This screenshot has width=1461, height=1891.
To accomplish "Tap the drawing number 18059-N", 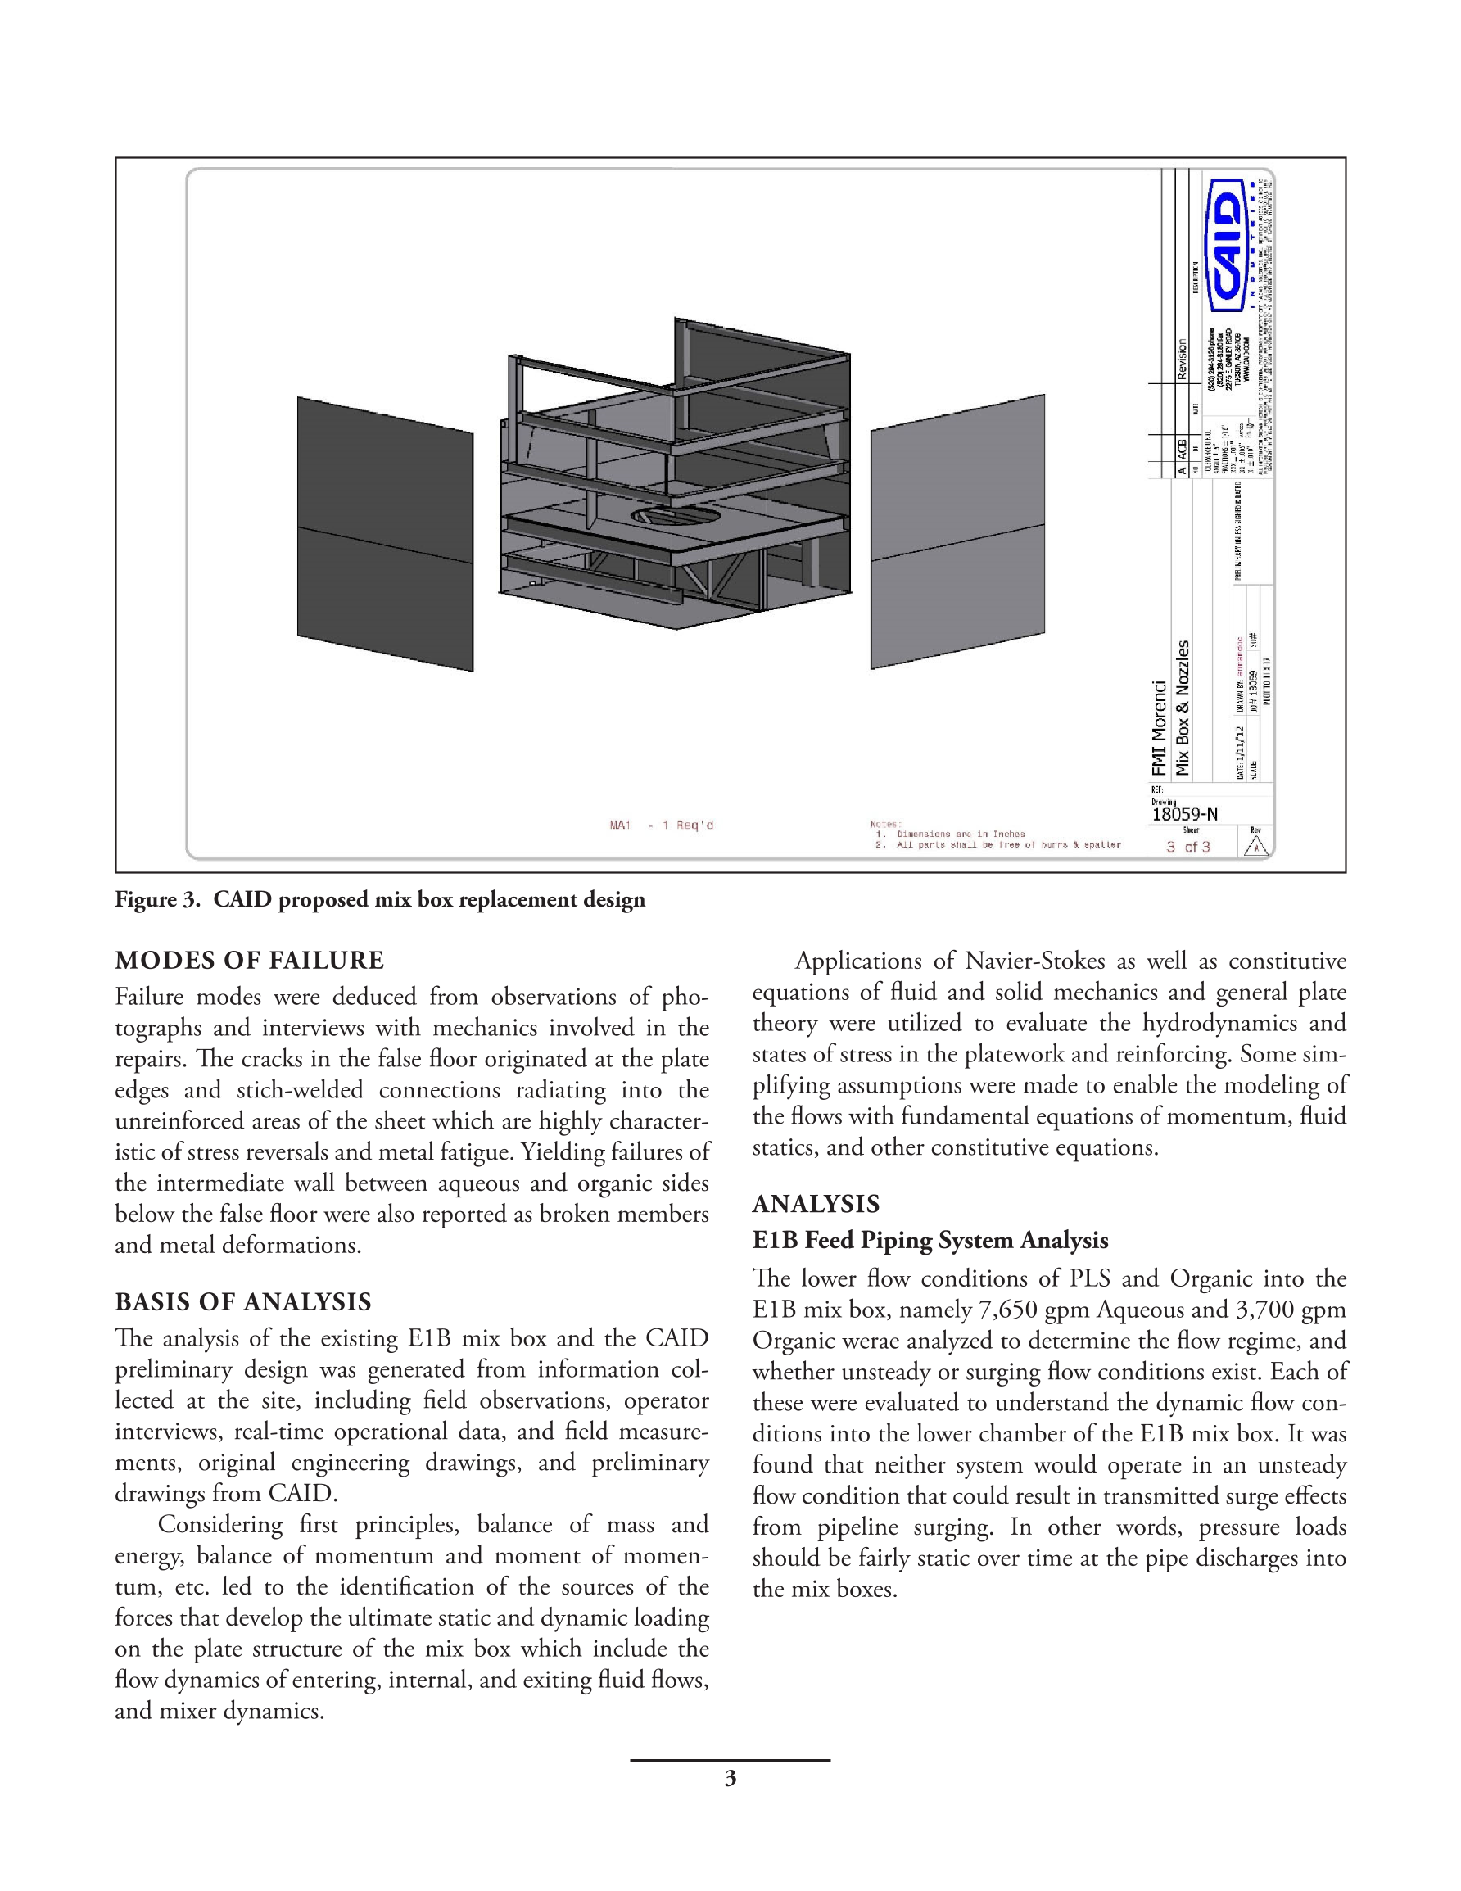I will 1184,814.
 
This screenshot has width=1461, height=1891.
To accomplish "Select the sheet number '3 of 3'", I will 1187,847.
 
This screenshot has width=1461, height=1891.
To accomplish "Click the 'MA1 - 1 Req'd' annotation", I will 661,826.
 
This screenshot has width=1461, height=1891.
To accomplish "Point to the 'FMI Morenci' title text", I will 1159,727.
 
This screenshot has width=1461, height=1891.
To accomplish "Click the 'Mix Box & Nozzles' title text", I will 1182,708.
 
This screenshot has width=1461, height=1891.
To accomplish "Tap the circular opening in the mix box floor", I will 675,517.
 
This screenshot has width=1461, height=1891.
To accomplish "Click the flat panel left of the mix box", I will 385,533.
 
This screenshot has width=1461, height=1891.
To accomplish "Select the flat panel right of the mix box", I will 957,532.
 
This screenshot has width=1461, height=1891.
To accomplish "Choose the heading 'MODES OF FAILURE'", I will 250,960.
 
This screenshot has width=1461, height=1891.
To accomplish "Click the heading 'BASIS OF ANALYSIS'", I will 243,1302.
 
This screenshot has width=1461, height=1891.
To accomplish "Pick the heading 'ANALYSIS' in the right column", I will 816,1204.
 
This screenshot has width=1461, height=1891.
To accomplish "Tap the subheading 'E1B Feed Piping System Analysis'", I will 930,1240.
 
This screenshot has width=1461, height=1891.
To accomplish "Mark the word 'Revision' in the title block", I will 1182,360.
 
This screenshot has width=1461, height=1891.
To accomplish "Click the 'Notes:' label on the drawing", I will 885,824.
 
